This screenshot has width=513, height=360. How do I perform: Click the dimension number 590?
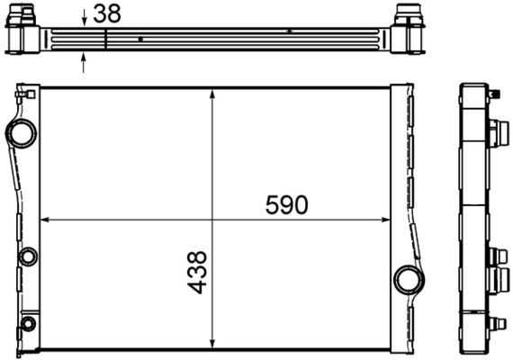click(287, 205)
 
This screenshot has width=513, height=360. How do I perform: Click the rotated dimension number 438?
click(198, 273)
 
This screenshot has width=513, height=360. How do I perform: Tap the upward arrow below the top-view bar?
click(85, 61)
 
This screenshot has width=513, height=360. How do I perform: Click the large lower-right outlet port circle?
click(408, 279)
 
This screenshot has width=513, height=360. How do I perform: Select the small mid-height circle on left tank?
click(29, 256)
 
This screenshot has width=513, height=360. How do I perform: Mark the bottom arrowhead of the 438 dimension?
click(212, 344)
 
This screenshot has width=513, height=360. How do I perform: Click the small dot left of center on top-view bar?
click(141, 39)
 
